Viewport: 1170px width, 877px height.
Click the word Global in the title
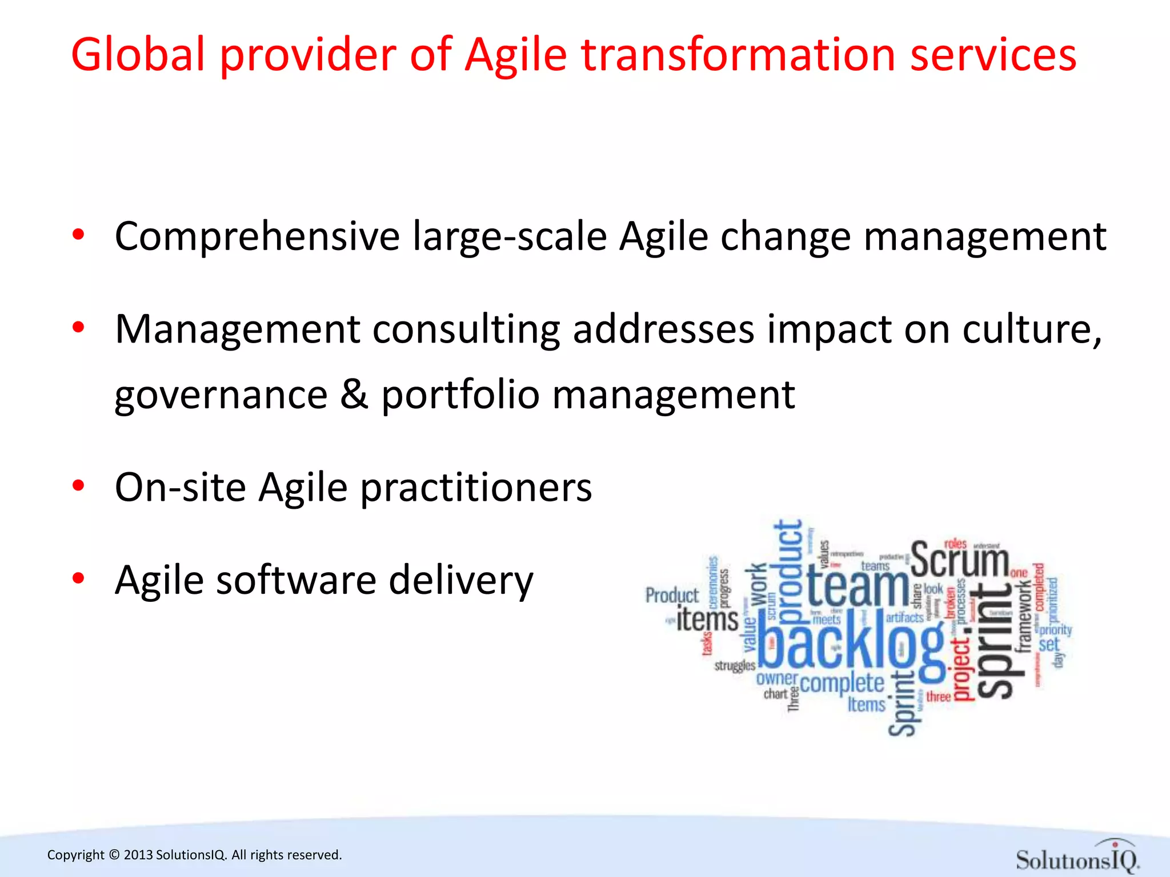tap(138, 55)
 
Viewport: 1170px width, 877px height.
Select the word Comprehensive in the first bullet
tap(257, 236)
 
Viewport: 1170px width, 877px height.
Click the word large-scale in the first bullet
tap(510, 236)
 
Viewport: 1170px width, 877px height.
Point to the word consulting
tap(466, 330)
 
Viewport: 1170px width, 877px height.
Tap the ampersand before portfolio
tap(354, 395)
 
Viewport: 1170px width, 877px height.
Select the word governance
tap(221, 396)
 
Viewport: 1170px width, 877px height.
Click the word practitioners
tap(476, 489)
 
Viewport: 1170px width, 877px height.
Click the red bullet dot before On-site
tap(79, 486)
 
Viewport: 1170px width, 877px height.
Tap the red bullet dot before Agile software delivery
tap(79, 578)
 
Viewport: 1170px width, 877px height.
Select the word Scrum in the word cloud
tap(959, 560)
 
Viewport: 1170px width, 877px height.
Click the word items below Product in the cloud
tap(707, 620)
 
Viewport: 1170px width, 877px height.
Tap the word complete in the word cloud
tap(842, 683)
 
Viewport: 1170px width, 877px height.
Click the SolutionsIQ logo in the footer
tap(1077, 857)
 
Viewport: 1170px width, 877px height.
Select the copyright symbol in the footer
tap(114, 855)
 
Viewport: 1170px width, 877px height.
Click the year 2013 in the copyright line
tap(138, 855)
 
